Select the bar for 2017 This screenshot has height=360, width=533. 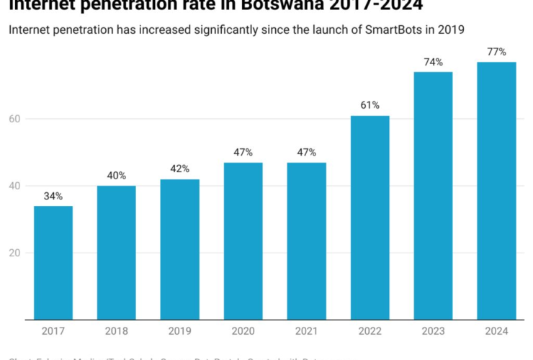(x=53, y=262)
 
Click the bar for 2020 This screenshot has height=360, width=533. (x=243, y=240)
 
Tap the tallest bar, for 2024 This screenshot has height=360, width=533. (x=496, y=191)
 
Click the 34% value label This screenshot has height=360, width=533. (x=53, y=197)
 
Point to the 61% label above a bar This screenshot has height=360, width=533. (x=369, y=105)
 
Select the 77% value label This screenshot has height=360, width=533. (x=496, y=52)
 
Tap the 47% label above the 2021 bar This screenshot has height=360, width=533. (x=306, y=153)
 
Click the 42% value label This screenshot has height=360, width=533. (x=179, y=169)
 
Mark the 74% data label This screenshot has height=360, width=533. (x=433, y=62)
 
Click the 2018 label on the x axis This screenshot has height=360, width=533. (x=117, y=331)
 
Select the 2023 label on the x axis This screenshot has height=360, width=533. (x=433, y=331)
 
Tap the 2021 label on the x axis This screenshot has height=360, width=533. (x=306, y=331)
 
